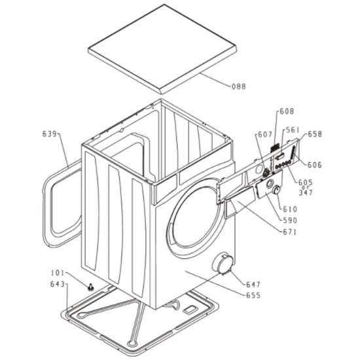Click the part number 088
click(238, 86)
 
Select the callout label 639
click(49, 134)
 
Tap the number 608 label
click(287, 111)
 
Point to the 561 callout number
click(293, 130)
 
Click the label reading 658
click(315, 134)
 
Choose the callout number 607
click(265, 135)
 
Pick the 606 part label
click(315, 165)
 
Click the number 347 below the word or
click(306, 192)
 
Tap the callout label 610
click(290, 209)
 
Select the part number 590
click(290, 221)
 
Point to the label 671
click(289, 232)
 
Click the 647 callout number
click(253, 285)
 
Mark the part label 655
click(253, 295)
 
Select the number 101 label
click(58, 273)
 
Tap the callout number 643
click(58, 284)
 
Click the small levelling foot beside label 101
click(91, 287)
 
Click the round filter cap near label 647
click(223, 263)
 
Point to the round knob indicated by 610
click(276, 190)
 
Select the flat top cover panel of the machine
click(162, 48)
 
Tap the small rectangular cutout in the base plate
click(189, 310)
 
